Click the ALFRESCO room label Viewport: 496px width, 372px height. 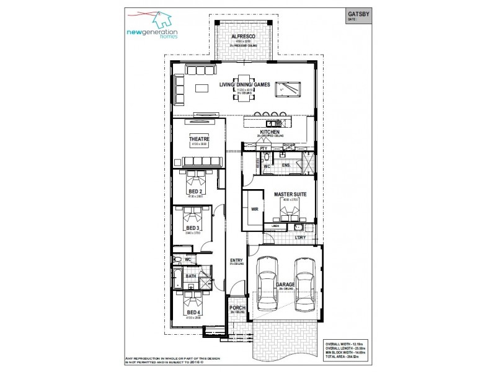244,37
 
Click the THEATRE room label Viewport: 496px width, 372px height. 199,139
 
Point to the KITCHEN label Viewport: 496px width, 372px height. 270,133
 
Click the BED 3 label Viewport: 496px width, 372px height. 193,228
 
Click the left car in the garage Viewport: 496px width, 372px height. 267,283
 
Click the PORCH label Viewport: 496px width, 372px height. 236,308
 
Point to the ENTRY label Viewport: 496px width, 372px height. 236,260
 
